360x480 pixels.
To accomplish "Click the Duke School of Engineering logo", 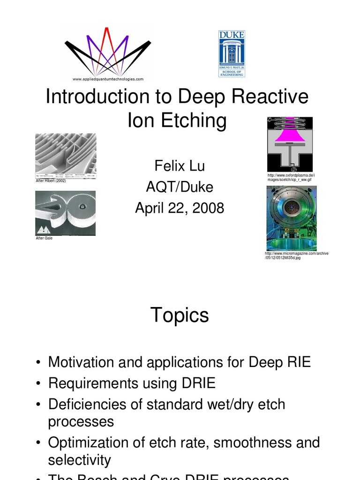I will point(232,53).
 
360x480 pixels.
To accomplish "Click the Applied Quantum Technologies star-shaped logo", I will point(108,51).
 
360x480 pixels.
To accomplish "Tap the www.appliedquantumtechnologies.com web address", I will point(108,79).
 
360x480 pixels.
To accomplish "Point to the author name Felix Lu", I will point(180,166).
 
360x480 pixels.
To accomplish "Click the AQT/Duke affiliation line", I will point(180,187).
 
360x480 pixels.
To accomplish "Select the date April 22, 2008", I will point(180,208).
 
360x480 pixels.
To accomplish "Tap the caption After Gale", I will point(44,238).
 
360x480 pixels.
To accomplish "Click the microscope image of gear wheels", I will point(66,213).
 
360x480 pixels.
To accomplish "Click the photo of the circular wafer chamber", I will point(291,218).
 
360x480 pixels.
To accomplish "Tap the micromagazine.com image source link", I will point(296,255).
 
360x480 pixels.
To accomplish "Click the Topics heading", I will point(180,315).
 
